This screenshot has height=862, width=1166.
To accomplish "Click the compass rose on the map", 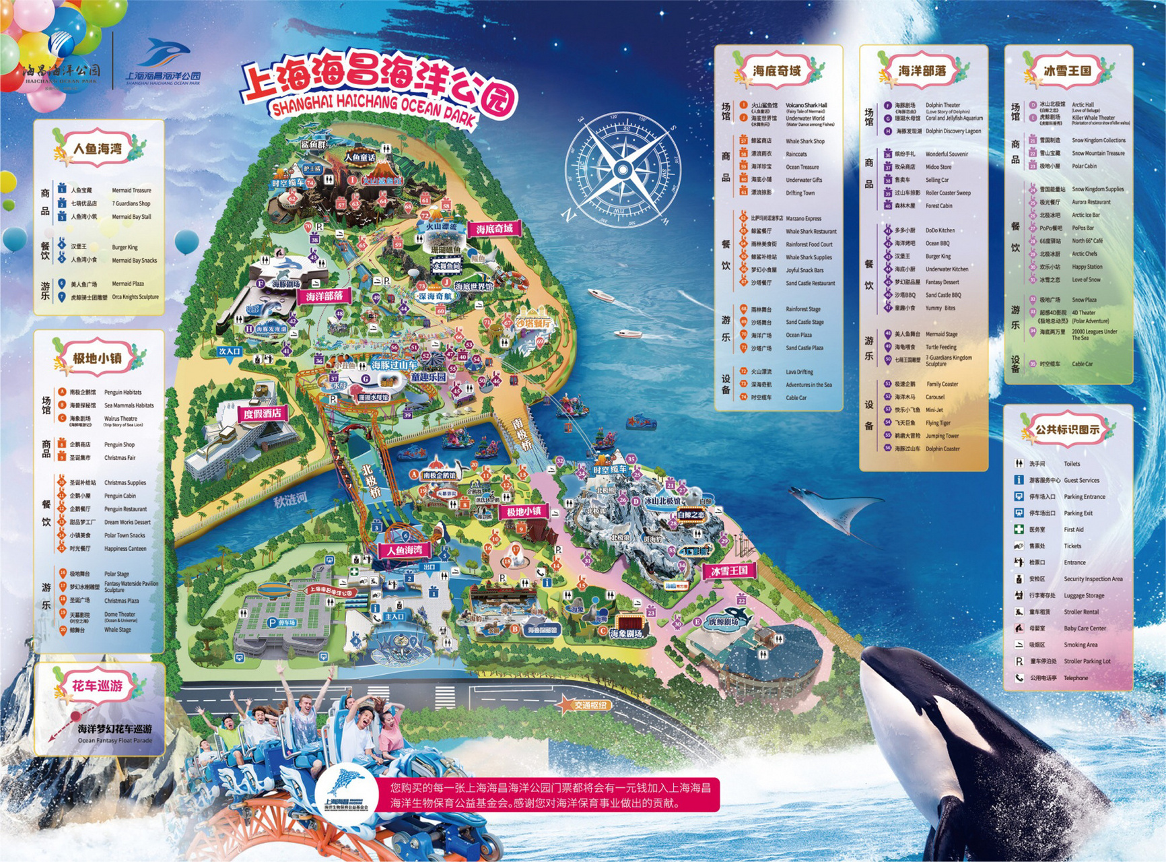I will [622, 170].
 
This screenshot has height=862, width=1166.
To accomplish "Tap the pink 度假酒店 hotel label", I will [263, 413].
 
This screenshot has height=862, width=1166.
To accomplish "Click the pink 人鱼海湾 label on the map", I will [404, 550].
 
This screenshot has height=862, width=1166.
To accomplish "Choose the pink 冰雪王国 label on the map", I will [729, 570].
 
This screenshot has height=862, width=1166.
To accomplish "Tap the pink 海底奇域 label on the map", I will [495, 229].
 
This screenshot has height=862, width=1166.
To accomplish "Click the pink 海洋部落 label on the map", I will [324, 296].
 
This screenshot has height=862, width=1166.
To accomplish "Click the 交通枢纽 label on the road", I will [590, 705].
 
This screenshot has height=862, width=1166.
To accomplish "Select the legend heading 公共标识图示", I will [1067, 429].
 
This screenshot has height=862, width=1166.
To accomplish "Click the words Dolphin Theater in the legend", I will [942, 105].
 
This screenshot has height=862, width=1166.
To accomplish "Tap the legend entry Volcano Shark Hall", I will [807, 105].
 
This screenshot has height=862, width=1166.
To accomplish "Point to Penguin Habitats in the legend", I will [123, 392].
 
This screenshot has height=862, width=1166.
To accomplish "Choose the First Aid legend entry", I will [1074, 529].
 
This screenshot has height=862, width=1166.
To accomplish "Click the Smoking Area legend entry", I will [1081, 644].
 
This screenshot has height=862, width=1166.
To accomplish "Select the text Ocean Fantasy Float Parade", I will [115, 741].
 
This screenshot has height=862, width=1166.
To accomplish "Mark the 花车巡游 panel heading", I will [98, 686].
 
